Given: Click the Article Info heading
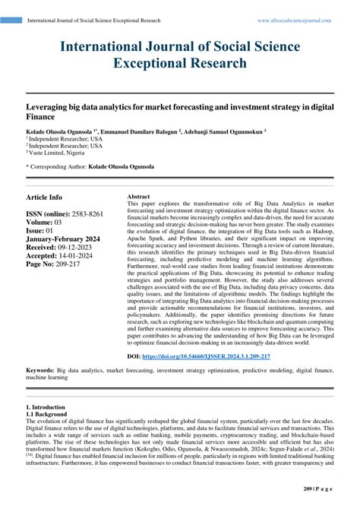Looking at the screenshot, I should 45,197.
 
